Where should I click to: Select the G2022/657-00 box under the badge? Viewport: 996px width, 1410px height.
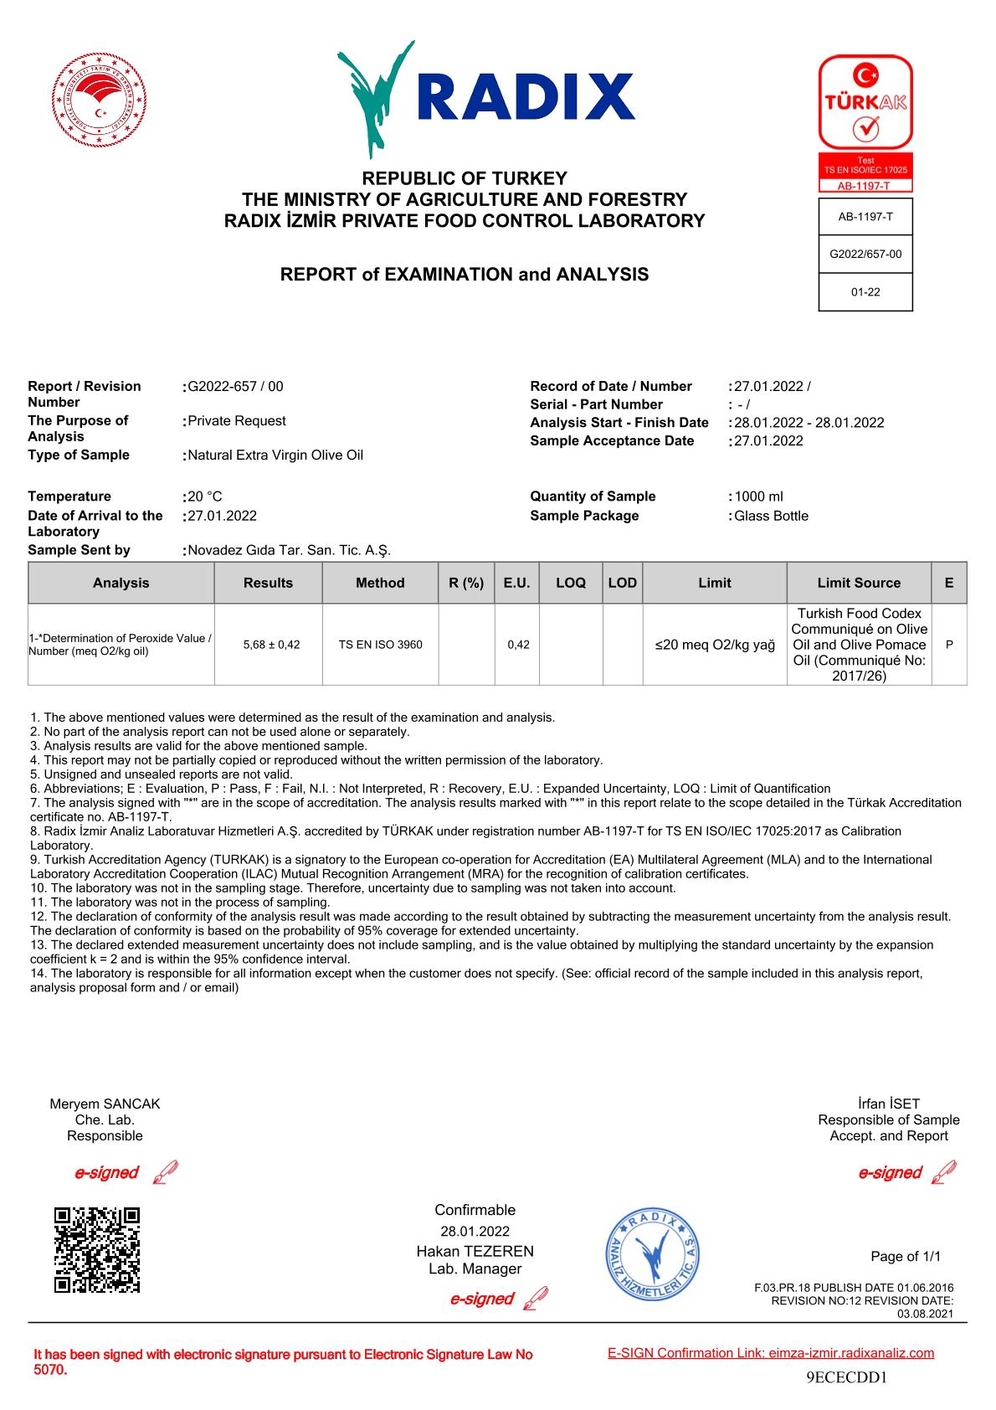pos(865,254)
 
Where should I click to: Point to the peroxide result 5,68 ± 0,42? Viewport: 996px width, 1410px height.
pos(271,645)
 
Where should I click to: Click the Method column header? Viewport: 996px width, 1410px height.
pos(380,583)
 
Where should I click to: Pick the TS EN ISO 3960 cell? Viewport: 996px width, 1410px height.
pos(380,645)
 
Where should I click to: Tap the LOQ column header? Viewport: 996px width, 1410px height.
pos(571,583)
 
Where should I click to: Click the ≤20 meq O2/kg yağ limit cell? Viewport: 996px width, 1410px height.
pos(715,645)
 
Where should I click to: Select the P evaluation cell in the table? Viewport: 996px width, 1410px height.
pos(949,645)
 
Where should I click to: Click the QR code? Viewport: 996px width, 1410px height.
pos(97,1250)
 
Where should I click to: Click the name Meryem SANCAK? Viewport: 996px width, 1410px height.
pos(105,1104)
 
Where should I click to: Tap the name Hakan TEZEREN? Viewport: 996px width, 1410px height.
pos(475,1251)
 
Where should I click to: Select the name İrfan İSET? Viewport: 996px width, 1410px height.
pos(889,1104)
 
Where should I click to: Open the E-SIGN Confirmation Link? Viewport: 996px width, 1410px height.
pos(771,1353)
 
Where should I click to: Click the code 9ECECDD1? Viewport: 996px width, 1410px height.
pos(846,1377)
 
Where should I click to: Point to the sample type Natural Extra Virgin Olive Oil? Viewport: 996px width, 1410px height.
pos(275,455)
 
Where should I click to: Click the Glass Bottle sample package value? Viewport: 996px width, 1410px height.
pos(771,516)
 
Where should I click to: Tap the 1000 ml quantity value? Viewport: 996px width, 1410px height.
pos(758,497)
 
